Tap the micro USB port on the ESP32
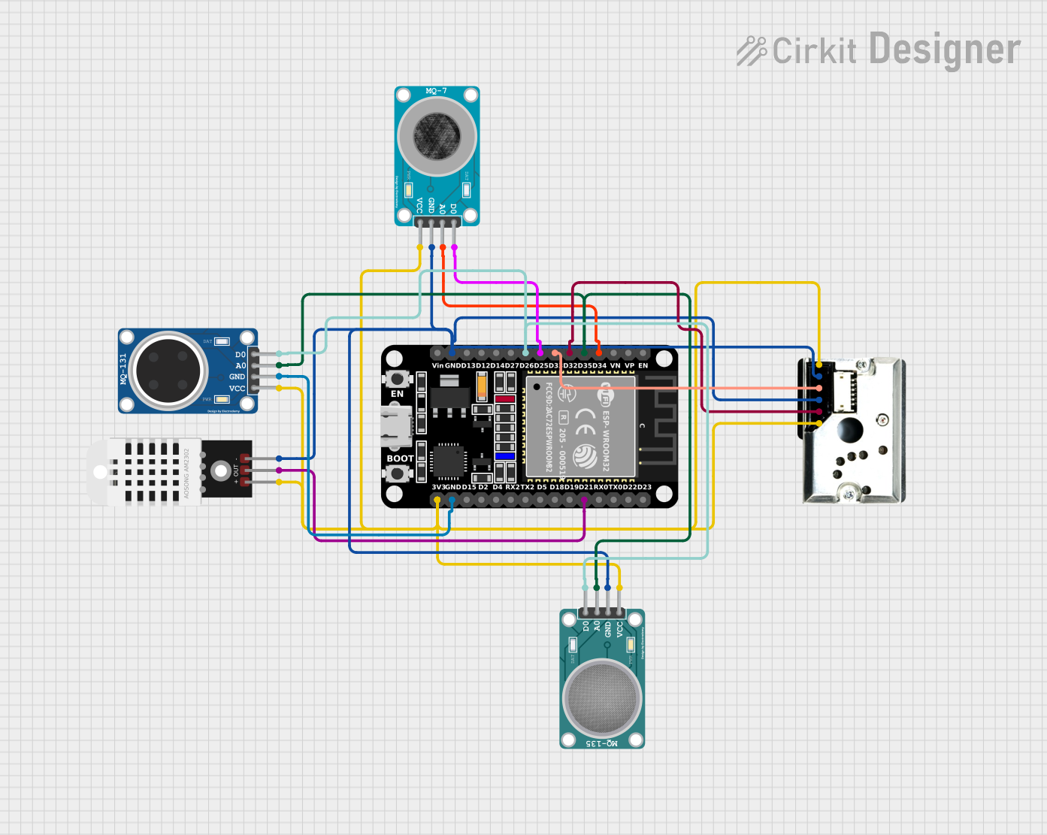coord(397,425)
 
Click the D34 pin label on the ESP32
coord(599,366)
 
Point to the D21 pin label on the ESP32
coord(585,487)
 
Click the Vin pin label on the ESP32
coord(437,366)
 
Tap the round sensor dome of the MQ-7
coord(437,135)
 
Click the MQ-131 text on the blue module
coord(124,369)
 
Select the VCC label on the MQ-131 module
coord(237,389)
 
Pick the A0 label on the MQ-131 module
coord(241,366)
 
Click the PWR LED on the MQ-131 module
coord(222,399)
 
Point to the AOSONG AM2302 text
coord(187,473)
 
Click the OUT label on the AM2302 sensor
coord(236,470)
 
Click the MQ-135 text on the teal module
coord(602,743)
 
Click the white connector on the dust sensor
coord(844,391)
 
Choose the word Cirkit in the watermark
coord(814,52)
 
